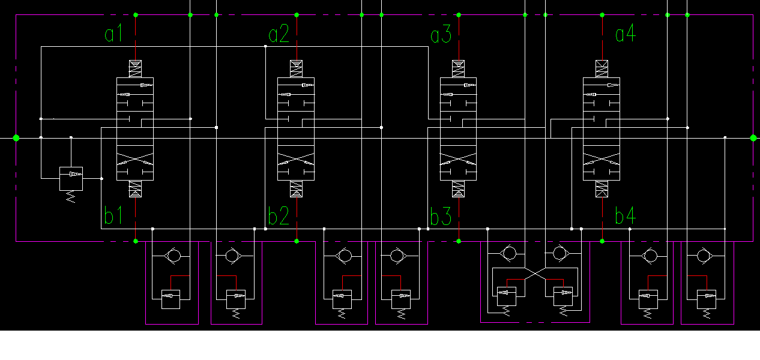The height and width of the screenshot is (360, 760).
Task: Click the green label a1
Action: coord(113,34)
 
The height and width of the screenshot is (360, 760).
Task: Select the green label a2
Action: coord(279,34)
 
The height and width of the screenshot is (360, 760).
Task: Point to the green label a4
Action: coord(625,34)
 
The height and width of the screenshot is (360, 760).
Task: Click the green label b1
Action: coord(113,215)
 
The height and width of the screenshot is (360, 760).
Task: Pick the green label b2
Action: coord(279,215)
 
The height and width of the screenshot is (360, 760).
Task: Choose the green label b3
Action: coord(441,216)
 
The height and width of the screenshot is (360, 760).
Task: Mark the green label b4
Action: coord(625,215)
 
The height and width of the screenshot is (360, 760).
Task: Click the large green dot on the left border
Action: coord(16,138)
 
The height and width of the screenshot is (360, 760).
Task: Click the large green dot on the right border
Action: coord(753,138)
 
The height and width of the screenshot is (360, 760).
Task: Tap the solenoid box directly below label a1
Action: coord(136,69)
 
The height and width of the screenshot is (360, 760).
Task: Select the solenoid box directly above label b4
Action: coord(602,189)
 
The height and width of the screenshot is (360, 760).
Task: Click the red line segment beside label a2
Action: coord(297,37)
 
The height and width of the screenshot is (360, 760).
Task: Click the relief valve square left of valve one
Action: coord(71,178)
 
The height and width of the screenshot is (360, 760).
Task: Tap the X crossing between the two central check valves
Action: coord(535,273)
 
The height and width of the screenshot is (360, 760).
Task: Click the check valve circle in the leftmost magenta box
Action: coord(173,256)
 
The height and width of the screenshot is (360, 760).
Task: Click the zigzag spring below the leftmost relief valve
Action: coord(71,196)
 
